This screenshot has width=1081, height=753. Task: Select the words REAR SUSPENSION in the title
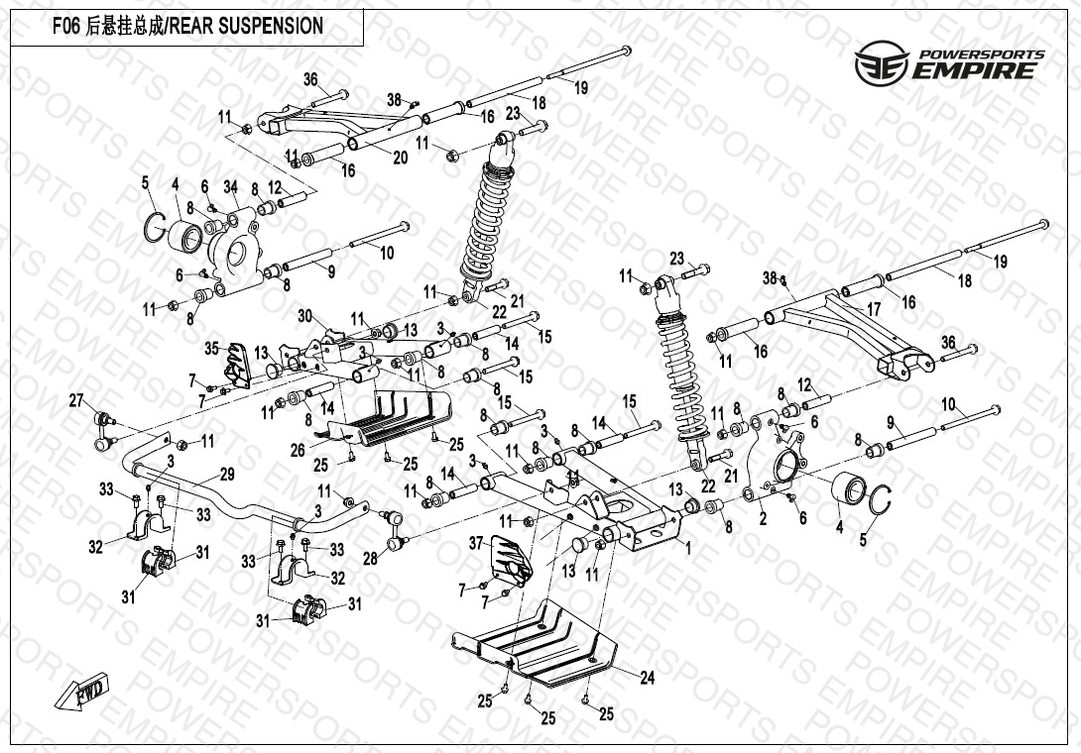(247, 27)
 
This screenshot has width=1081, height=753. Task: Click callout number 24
(647, 679)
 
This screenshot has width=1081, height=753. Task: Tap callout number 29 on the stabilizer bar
(226, 473)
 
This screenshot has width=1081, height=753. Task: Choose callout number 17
(873, 310)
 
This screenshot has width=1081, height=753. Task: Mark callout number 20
(400, 157)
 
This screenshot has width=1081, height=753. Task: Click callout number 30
(305, 316)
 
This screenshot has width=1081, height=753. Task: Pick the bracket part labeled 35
(236, 364)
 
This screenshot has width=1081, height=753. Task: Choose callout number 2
(763, 517)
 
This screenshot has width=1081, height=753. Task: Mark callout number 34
(231, 185)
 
